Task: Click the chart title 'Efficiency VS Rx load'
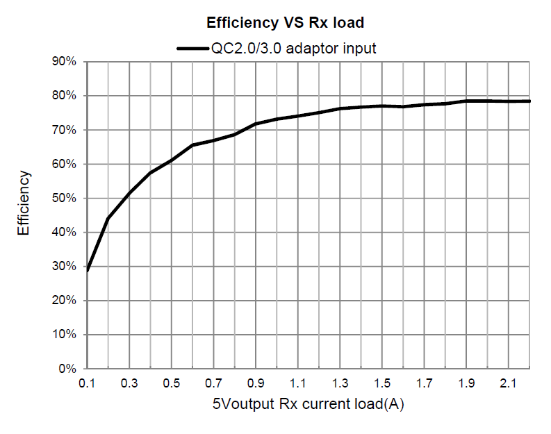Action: click(x=286, y=23)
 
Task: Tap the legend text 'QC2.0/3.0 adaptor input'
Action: click(x=294, y=48)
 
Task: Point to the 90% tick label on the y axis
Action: click(x=64, y=62)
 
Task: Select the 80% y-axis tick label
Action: click(x=64, y=96)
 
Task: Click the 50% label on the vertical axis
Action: click(x=64, y=198)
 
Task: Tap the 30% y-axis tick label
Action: click(x=64, y=266)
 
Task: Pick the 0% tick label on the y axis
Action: click(x=67, y=368)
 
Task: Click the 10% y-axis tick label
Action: click(x=64, y=334)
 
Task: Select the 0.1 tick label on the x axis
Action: click(x=87, y=383)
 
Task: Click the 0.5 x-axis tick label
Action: click(x=171, y=383)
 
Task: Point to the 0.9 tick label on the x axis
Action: click(x=255, y=383)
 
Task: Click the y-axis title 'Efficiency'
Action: click(x=24, y=203)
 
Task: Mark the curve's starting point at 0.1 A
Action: click(x=87, y=269)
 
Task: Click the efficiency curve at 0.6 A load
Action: click(x=192, y=145)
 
